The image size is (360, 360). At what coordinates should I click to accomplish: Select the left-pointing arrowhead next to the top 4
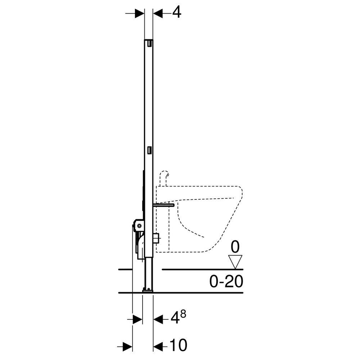(158, 13)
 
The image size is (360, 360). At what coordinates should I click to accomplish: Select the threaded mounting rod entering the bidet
(164, 205)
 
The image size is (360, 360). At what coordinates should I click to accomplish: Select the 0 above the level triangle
(235, 248)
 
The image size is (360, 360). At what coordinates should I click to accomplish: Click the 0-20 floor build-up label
(226, 281)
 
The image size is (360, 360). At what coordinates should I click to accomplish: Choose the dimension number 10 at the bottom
(179, 346)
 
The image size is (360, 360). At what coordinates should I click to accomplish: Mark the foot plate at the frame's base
(148, 290)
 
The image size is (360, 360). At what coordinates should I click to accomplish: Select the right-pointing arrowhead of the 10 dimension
(128, 346)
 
